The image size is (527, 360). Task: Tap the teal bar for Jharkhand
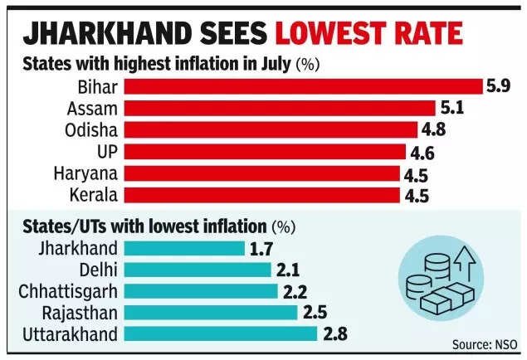[x=183, y=248]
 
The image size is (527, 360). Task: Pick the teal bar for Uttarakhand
[x=219, y=333]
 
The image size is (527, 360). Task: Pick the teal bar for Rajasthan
[x=209, y=312]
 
